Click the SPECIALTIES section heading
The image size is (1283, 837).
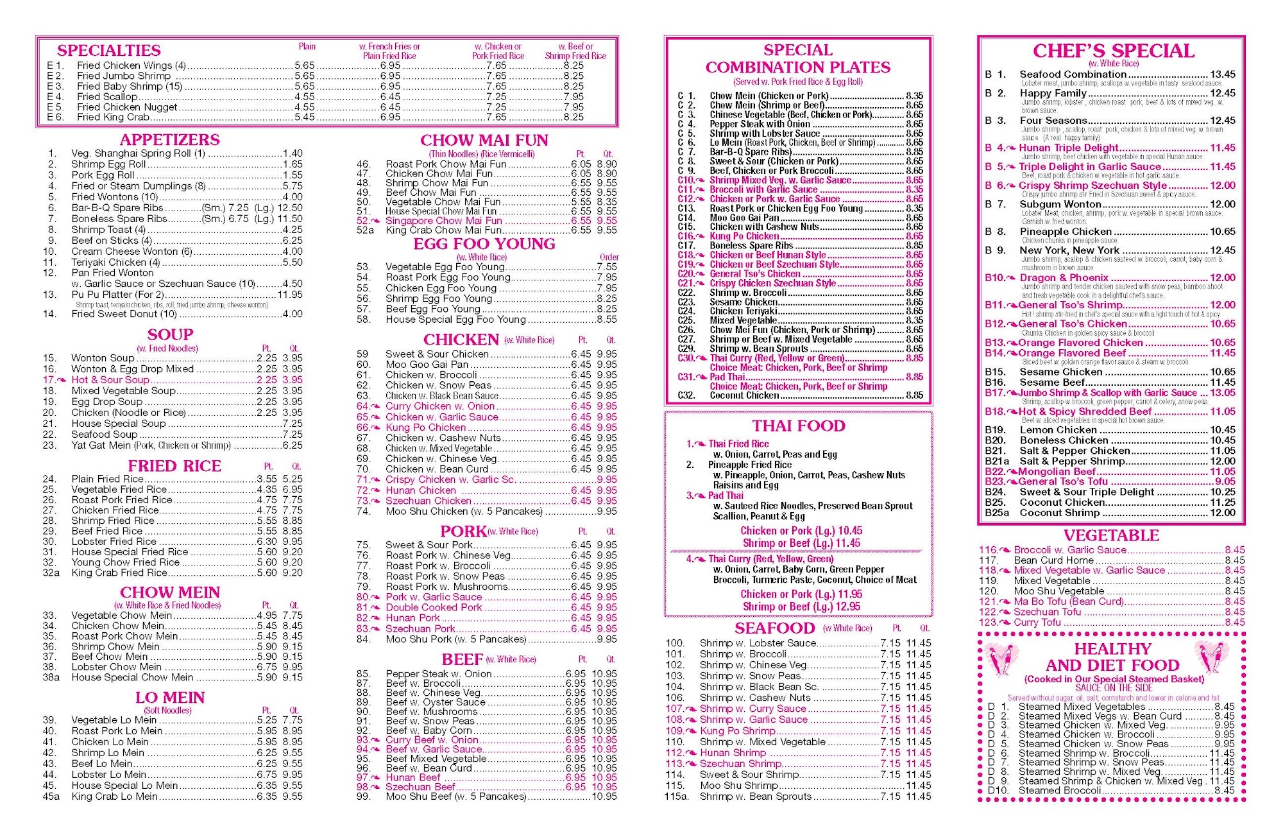108,51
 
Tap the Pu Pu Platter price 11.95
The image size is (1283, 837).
290,295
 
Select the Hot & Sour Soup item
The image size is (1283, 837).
110,380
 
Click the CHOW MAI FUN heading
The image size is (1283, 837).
484,141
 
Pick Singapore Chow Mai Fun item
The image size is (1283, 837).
443,220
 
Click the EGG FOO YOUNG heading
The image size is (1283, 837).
484,245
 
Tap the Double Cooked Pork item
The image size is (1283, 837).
434,607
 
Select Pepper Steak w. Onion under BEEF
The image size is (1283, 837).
439,674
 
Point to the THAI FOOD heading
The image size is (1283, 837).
798,426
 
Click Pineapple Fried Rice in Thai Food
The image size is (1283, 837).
749,465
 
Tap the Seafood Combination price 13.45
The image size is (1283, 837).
1222,74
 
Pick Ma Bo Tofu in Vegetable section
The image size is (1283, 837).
1068,601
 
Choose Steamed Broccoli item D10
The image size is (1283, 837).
1059,791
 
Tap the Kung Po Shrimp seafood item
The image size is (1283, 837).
737,731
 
